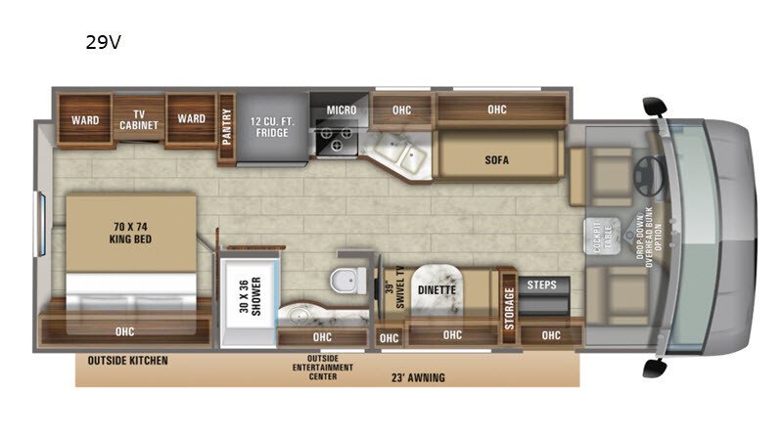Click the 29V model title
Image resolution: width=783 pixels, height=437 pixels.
[104, 42]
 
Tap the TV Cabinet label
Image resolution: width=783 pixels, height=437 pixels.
[139, 119]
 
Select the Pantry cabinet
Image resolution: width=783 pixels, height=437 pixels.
[226, 129]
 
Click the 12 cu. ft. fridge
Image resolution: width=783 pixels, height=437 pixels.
[272, 128]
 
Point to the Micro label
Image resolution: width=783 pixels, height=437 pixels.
[342, 109]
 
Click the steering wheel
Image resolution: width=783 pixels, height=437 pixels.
[649, 176]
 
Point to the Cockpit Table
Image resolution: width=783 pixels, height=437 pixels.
[602, 236]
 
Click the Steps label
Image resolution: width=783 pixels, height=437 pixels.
[542, 284]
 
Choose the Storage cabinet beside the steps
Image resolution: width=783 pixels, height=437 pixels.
[508, 305]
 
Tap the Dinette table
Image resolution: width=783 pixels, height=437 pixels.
[437, 289]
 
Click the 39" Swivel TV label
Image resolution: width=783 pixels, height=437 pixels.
[394, 286]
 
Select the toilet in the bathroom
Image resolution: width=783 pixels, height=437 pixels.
[348, 280]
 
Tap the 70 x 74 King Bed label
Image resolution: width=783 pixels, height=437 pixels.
[130, 233]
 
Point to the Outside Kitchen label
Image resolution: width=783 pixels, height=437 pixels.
[128, 361]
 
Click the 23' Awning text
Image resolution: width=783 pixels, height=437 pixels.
[418, 377]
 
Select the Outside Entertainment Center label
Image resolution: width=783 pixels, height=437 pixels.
[323, 368]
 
